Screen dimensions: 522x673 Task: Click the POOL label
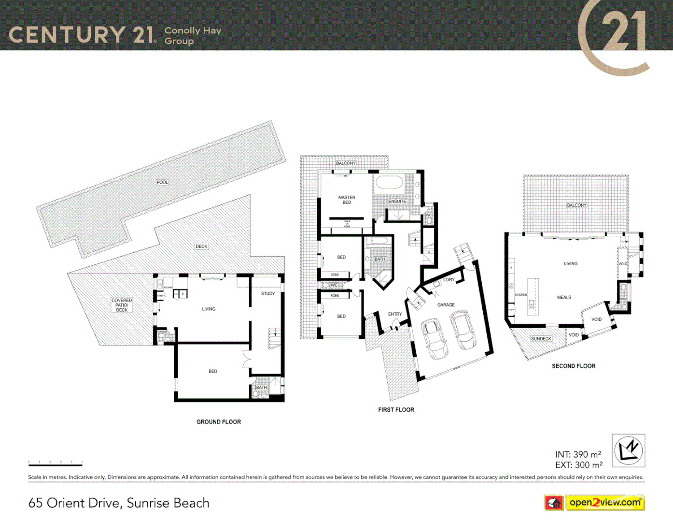pyautogui.click(x=162, y=182)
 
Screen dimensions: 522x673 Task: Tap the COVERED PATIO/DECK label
pyautogui.click(x=122, y=305)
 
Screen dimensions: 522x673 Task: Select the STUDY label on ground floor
pyautogui.click(x=268, y=293)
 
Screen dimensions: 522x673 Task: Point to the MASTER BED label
pyautogui.click(x=347, y=200)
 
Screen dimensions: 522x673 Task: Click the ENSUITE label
pyautogui.click(x=397, y=201)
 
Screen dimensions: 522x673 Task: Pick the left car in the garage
pyautogui.click(x=435, y=338)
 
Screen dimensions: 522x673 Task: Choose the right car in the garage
pyautogui.click(x=463, y=331)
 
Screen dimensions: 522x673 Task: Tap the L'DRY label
pyautogui.click(x=449, y=280)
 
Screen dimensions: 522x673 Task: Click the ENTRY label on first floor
pyautogui.click(x=395, y=314)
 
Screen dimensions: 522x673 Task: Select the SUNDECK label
pyautogui.click(x=541, y=339)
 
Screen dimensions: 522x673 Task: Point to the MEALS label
pyautogui.click(x=564, y=297)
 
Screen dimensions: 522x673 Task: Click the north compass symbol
pyautogui.click(x=628, y=450)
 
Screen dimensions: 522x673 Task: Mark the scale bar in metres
pyautogui.click(x=55, y=464)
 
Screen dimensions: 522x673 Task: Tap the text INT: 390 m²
pyautogui.click(x=578, y=454)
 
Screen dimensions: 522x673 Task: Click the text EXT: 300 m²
pyautogui.click(x=578, y=465)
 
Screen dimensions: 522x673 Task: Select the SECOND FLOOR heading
pyautogui.click(x=574, y=366)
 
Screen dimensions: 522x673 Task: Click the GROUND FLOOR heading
pyautogui.click(x=218, y=422)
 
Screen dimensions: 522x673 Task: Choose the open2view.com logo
pyautogui.click(x=604, y=503)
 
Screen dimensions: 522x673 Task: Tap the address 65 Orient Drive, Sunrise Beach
pyautogui.click(x=119, y=503)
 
